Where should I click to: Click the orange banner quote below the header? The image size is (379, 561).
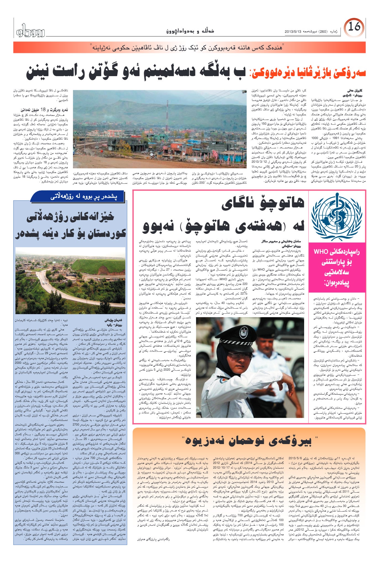pyautogui.click(x=189, y=47)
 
